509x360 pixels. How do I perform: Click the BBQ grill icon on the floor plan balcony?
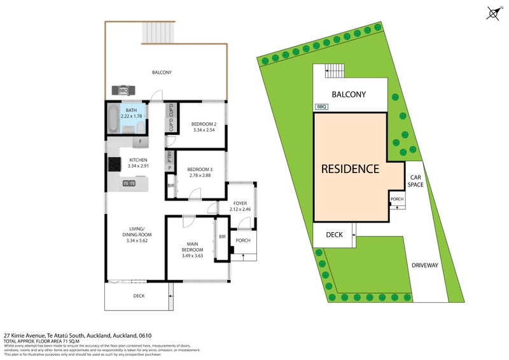pos(123,90)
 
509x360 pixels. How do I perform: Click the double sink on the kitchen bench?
pos(128,184)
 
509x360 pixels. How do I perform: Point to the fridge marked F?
pos(139,141)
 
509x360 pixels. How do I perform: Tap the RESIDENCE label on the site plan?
pos(350,169)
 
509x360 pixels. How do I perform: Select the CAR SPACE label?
pos(416,181)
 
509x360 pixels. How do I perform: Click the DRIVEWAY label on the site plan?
pos(425,265)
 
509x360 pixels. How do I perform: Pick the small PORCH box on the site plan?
pos(397,200)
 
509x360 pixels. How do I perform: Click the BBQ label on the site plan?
pos(321,107)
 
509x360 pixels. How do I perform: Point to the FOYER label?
pos(239,203)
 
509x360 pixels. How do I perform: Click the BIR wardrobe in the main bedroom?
pos(222,237)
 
